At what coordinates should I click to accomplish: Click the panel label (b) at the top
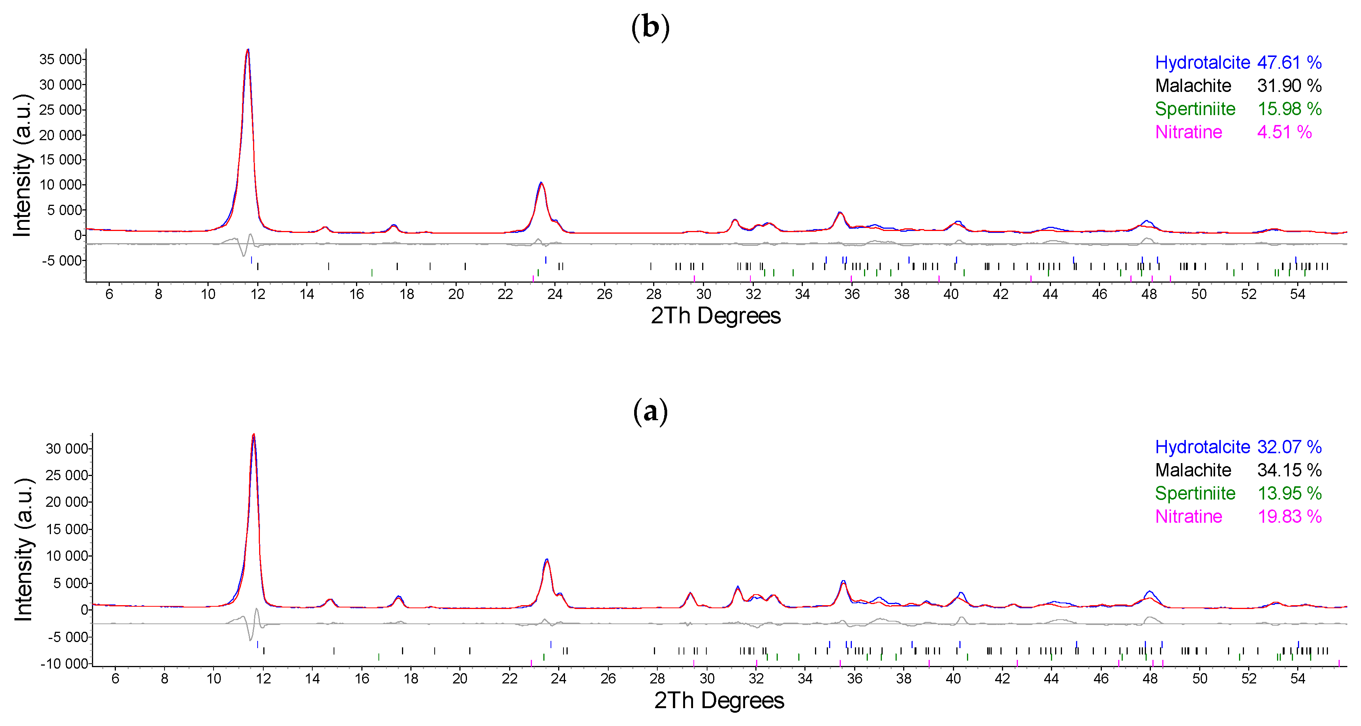650,27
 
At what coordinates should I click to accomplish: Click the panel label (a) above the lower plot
650,411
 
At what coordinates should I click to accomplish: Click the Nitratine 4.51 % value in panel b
1284,132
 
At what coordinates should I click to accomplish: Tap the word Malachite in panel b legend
1193,85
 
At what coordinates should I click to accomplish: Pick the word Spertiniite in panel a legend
1195,493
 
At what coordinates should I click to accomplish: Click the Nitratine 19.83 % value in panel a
1289,517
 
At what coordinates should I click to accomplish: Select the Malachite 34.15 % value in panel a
1289,470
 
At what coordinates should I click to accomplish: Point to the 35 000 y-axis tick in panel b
60,59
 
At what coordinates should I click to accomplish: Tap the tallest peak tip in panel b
248,50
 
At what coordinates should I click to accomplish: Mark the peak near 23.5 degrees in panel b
541,183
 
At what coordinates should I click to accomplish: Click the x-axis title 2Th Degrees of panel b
715,316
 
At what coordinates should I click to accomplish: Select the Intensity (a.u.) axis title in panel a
23,549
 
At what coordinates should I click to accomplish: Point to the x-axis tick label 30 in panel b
703,294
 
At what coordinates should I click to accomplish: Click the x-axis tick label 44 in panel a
1051,679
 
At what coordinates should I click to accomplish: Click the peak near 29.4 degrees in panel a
690,593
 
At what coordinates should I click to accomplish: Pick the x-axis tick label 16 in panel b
357,294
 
